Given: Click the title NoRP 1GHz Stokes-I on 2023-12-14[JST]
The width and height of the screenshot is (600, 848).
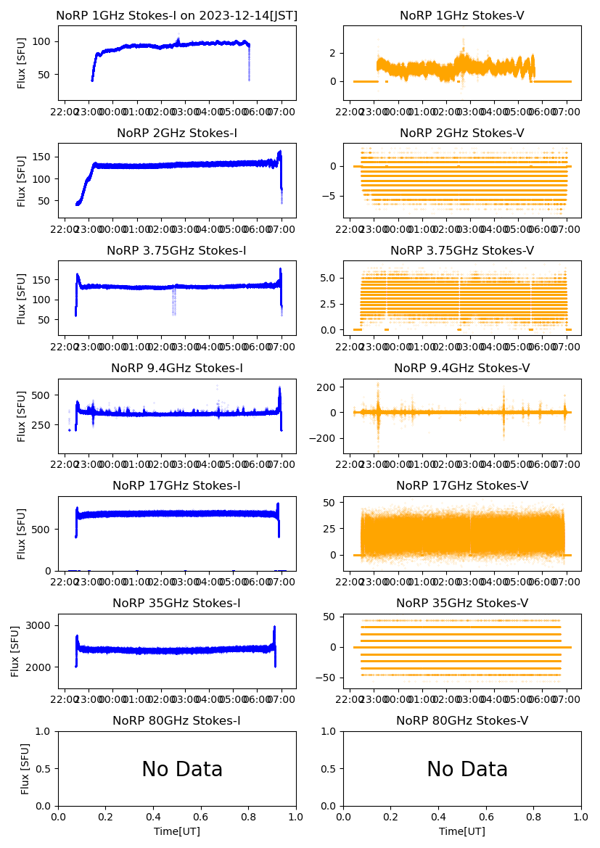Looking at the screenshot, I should click(177, 15).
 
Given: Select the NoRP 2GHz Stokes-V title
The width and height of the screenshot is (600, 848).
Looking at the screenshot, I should click(462, 133).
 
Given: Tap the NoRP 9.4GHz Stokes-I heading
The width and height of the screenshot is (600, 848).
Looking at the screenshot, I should click(177, 368).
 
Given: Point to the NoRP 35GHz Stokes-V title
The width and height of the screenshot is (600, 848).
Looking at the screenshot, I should click(462, 603).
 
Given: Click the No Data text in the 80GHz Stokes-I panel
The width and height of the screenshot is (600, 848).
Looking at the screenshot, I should click(182, 769).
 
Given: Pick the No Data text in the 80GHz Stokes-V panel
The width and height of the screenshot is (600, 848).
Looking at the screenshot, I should click(467, 769).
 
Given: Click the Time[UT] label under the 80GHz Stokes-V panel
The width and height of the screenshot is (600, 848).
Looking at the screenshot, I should click(462, 831).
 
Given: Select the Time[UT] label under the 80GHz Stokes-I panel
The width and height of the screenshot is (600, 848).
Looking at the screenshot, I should click(177, 831).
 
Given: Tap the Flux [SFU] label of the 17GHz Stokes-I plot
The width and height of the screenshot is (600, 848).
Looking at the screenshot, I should click(22, 533).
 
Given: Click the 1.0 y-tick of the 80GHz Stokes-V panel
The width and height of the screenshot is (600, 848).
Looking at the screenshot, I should click(332, 732).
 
